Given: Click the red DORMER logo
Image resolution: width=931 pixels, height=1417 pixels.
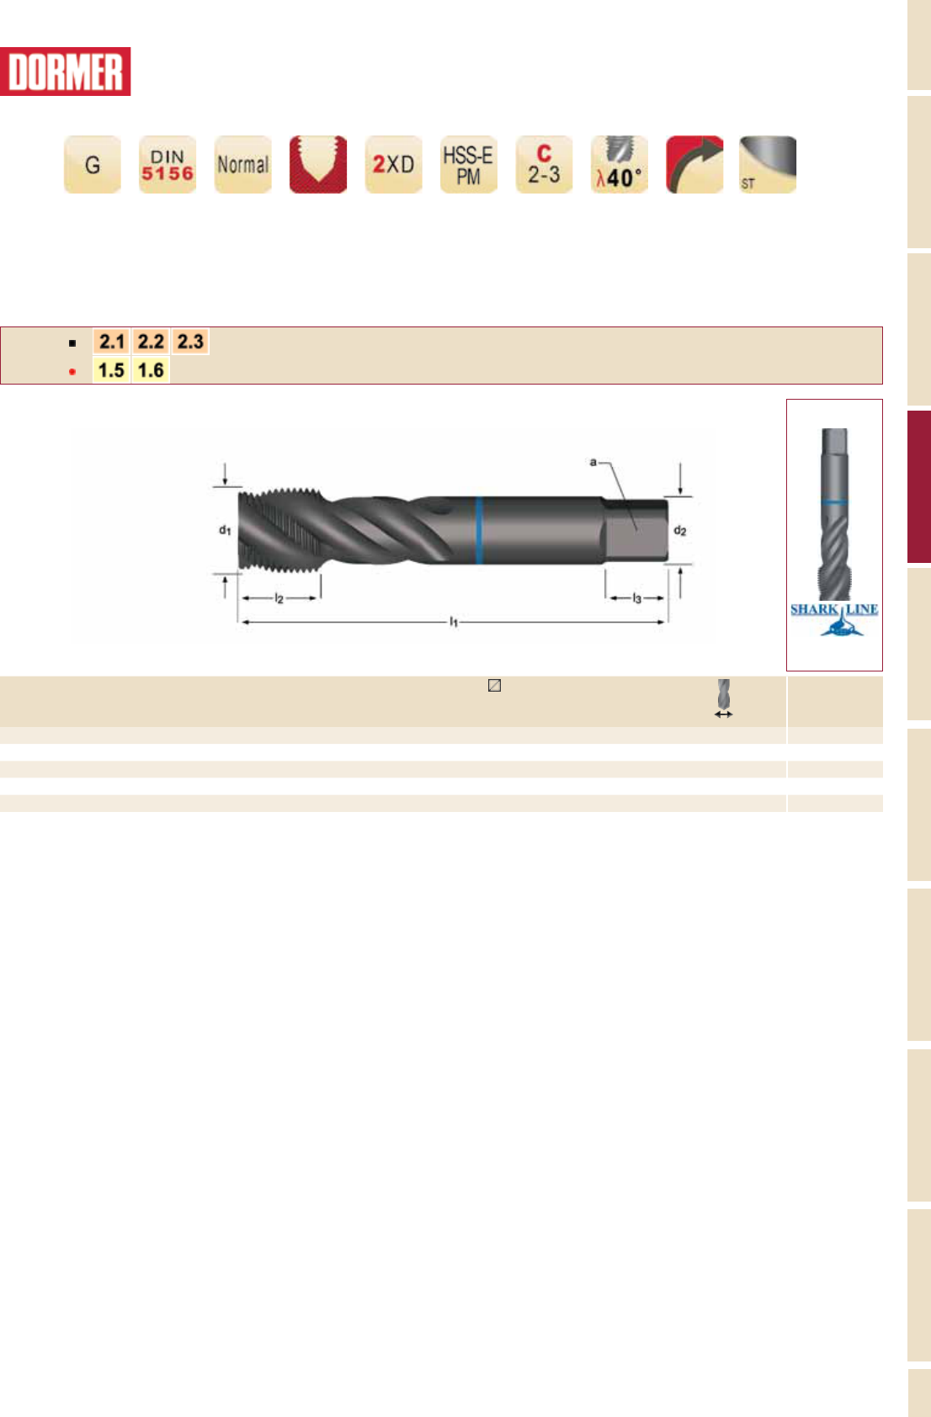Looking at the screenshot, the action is (65, 72).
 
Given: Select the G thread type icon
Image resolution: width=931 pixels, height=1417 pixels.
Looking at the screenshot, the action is (93, 164).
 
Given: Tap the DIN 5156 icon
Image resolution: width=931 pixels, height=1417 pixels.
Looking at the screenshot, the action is (168, 164).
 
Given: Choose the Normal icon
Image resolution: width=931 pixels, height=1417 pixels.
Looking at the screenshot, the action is (243, 164).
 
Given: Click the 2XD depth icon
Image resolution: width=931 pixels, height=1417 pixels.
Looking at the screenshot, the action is (394, 164).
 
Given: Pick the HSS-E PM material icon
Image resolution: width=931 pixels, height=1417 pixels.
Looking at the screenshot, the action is (469, 164).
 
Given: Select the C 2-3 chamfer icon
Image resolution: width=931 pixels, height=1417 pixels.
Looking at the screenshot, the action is (545, 164).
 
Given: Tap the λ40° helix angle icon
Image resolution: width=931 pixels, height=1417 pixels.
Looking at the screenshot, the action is (620, 164).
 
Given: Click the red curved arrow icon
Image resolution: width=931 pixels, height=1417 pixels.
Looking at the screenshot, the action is (695, 164).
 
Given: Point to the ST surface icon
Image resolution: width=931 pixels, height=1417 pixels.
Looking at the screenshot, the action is (769, 164).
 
